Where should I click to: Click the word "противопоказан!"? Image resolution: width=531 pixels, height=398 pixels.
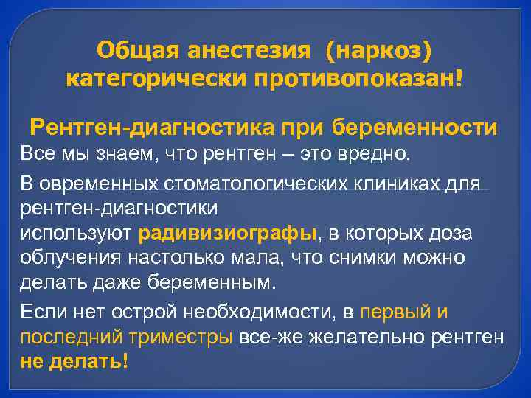coord(359,78)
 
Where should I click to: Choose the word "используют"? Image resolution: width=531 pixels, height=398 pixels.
coord(76,234)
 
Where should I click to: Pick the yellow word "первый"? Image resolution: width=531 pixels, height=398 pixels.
coord(395,313)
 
